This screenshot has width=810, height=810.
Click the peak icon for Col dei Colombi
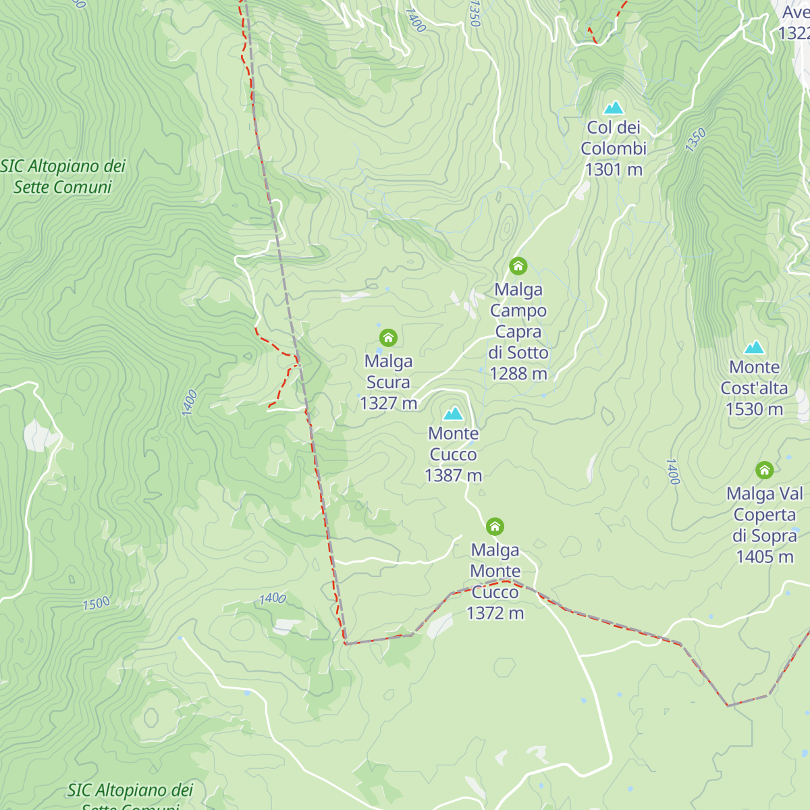(x=614, y=108)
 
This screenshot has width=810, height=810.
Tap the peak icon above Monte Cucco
(x=454, y=413)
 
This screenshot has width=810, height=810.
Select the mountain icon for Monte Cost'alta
(x=754, y=348)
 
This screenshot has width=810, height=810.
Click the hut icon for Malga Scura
(x=388, y=337)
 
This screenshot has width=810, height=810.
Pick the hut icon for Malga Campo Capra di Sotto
(x=518, y=266)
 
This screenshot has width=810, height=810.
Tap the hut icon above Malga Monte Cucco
(x=495, y=526)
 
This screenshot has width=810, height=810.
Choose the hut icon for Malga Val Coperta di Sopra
(x=764, y=470)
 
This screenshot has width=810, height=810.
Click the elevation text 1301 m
(x=614, y=169)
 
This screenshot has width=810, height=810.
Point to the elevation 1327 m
(x=388, y=404)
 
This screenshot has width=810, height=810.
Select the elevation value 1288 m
(x=518, y=374)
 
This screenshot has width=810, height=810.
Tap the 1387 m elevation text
(x=454, y=476)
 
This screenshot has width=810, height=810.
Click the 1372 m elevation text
(x=495, y=614)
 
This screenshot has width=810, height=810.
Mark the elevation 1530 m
(x=754, y=410)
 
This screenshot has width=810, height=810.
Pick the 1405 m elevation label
(x=764, y=557)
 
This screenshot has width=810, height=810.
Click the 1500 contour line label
(x=96, y=603)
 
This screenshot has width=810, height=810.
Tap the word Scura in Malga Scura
(x=388, y=383)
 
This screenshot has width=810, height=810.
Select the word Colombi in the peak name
(x=614, y=148)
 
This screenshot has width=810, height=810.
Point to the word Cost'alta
(x=754, y=389)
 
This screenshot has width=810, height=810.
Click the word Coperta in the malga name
(x=764, y=515)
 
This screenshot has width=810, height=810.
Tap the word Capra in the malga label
(x=518, y=332)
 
